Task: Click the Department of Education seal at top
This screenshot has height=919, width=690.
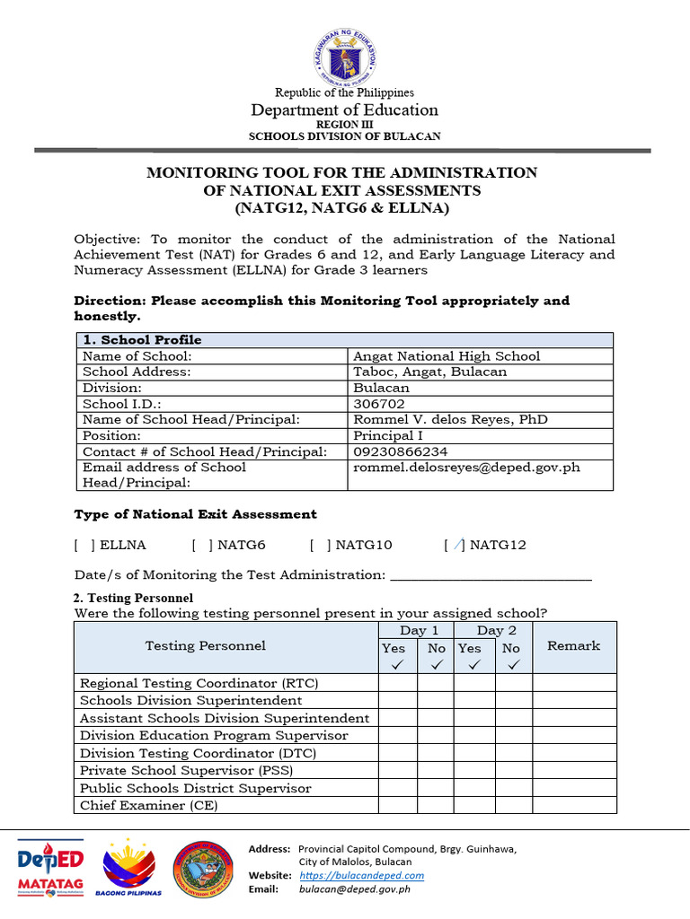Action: (344, 57)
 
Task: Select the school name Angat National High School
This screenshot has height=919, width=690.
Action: (447, 356)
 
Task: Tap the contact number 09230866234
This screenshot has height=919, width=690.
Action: (401, 451)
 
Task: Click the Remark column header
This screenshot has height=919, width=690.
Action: (573, 645)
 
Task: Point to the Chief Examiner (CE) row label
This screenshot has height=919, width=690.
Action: (148, 805)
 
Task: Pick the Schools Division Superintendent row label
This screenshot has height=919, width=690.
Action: (190, 700)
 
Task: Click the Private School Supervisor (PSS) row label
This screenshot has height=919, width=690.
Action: (186, 770)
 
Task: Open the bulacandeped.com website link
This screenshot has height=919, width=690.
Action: (361, 875)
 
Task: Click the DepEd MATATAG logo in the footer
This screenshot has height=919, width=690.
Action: (51, 869)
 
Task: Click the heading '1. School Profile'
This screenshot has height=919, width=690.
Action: (142, 340)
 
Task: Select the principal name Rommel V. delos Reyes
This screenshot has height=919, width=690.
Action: (449, 420)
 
